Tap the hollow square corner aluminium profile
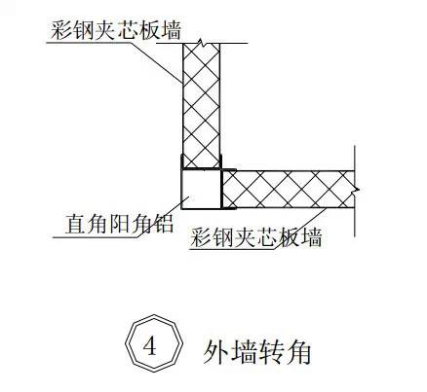pos(201,189)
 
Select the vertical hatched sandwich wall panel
pos(202,106)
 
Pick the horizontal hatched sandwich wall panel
pos(289,190)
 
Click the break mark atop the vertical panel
pos(202,42)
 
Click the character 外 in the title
pos(214,352)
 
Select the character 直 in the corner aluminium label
pos(76,224)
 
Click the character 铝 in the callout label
pos(162,224)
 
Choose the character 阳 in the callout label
pos(119,224)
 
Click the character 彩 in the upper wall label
pos(60,30)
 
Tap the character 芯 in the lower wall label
pos(266,237)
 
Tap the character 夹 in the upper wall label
pos(104,30)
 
